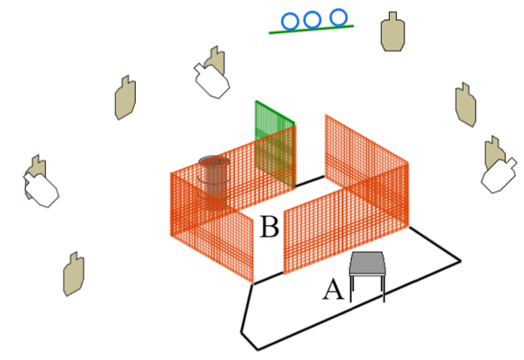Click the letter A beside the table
[333, 290]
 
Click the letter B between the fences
[269, 227]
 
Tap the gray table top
[367, 264]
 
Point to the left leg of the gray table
[351, 289]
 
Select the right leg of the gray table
[383, 289]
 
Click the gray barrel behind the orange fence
[213, 181]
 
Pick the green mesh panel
[275, 144]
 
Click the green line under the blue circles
[312, 30]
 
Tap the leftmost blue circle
[290, 22]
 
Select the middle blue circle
[312, 20]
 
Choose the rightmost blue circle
[339, 17]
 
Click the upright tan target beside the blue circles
[393, 31]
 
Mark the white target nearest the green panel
[212, 81]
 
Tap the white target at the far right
[499, 175]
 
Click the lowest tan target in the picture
[74, 274]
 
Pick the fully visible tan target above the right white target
[465, 104]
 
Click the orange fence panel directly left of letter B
[212, 227]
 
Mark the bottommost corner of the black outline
[257, 349]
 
